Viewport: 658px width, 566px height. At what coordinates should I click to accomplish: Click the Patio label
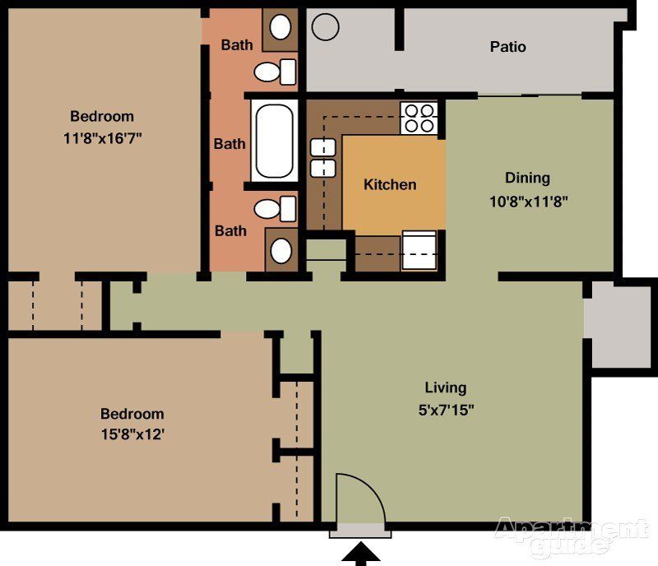(x=507, y=47)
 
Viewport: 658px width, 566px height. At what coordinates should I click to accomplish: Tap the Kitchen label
(x=390, y=184)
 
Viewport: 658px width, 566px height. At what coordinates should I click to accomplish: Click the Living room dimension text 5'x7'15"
(x=445, y=409)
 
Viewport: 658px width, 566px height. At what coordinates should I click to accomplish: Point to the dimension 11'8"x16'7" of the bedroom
(x=102, y=137)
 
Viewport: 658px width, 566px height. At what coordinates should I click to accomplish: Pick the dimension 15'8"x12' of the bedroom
(x=132, y=434)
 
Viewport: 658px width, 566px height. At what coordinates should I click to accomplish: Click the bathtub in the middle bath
(x=275, y=140)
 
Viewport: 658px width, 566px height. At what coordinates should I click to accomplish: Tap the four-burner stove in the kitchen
(x=418, y=118)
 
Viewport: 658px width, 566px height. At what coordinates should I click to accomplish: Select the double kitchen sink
(x=323, y=158)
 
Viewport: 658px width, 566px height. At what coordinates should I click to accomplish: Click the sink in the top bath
(x=281, y=27)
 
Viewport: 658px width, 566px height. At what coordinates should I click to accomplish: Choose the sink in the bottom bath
(x=281, y=249)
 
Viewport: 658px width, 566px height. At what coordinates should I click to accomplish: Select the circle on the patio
(x=326, y=27)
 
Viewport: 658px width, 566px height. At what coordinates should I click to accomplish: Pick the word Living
(x=445, y=387)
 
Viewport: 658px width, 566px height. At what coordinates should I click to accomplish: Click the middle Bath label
(x=229, y=144)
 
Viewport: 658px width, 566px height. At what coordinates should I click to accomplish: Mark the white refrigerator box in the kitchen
(x=419, y=250)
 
